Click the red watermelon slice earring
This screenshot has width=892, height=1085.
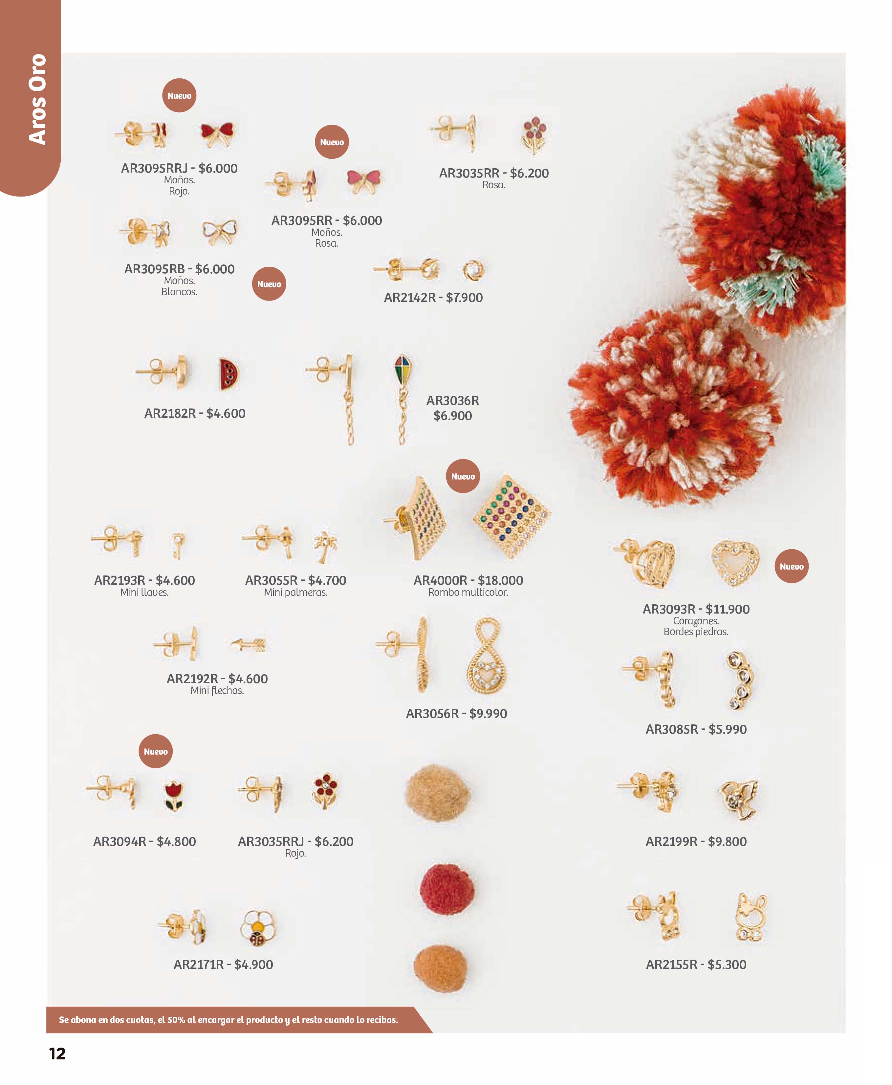pyautogui.click(x=228, y=374)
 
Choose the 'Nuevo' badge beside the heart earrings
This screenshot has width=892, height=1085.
pyautogui.click(x=791, y=566)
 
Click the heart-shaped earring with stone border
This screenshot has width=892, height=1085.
pyautogui.click(x=735, y=563)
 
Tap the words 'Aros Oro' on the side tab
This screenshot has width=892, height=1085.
pyautogui.click(x=37, y=99)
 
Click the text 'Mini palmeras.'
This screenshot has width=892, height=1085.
pyautogui.click(x=295, y=593)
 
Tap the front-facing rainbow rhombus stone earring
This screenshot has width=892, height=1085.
pyautogui.click(x=511, y=516)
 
